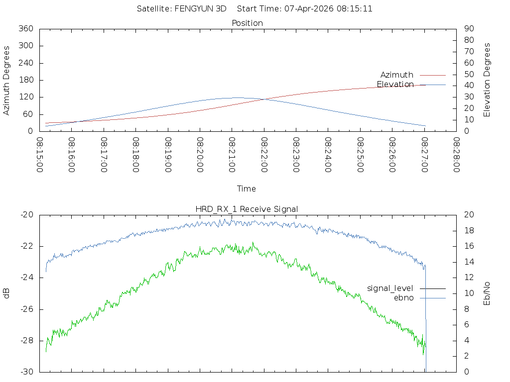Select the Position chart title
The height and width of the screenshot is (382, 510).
click(x=247, y=23)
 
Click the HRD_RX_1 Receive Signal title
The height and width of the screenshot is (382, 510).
click(x=247, y=209)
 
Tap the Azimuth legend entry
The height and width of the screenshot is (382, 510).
click(x=397, y=75)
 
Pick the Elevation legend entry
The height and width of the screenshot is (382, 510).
click(x=395, y=84)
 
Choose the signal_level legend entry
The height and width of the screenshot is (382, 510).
click(x=390, y=288)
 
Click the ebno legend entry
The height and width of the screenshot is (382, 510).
click(x=403, y=297)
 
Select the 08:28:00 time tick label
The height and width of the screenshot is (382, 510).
click(x=456, y=155)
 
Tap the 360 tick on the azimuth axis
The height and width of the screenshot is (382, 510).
click(x=25, y=28)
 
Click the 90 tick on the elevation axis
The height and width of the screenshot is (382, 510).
click(x=468, y=28)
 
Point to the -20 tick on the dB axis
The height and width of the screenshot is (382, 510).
click(x=26, y=214)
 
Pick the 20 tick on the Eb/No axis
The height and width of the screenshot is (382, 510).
click(x=468, y=214)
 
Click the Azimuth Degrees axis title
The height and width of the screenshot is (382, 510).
click(x=7, y=80)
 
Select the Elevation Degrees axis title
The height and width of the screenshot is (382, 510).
click(x=487, y=80)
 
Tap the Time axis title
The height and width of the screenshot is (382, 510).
click(x=247, y=189)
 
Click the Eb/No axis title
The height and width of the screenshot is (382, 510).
click(x=487, y=293)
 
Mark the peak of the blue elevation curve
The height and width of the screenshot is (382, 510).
click(x=237, y=97)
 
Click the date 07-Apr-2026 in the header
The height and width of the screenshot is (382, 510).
click(x=305, y=8)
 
